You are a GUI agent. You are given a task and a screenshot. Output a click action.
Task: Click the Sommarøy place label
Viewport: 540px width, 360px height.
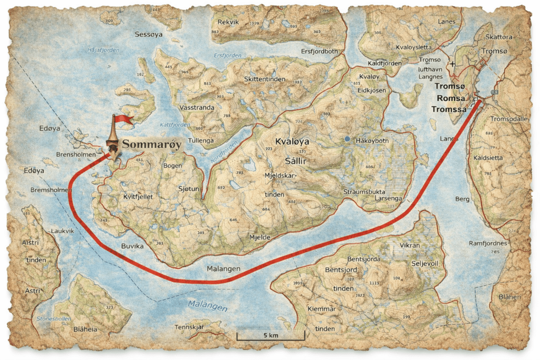152,144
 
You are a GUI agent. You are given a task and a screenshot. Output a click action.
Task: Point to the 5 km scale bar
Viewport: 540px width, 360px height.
271,335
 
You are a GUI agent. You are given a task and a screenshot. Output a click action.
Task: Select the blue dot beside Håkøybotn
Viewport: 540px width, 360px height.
346,139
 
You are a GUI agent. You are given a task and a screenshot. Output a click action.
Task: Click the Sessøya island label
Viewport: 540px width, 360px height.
149,35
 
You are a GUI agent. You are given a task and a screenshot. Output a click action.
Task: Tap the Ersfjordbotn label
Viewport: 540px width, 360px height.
319,52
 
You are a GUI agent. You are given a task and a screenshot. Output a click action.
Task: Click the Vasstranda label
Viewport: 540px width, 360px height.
197,106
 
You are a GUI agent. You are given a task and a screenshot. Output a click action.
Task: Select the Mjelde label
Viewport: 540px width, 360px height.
259,238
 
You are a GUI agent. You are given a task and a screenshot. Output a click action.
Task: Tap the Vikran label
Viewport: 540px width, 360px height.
410,246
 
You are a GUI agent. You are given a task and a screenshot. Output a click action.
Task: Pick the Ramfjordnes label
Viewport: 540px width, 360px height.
488,244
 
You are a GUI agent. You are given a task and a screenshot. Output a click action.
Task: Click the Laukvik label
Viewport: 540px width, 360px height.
63,231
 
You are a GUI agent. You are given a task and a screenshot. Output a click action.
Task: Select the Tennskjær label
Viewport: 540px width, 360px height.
189,327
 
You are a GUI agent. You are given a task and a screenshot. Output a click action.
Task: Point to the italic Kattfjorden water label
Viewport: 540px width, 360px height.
175,125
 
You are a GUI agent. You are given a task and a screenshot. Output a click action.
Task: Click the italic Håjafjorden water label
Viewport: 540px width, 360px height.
104,50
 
